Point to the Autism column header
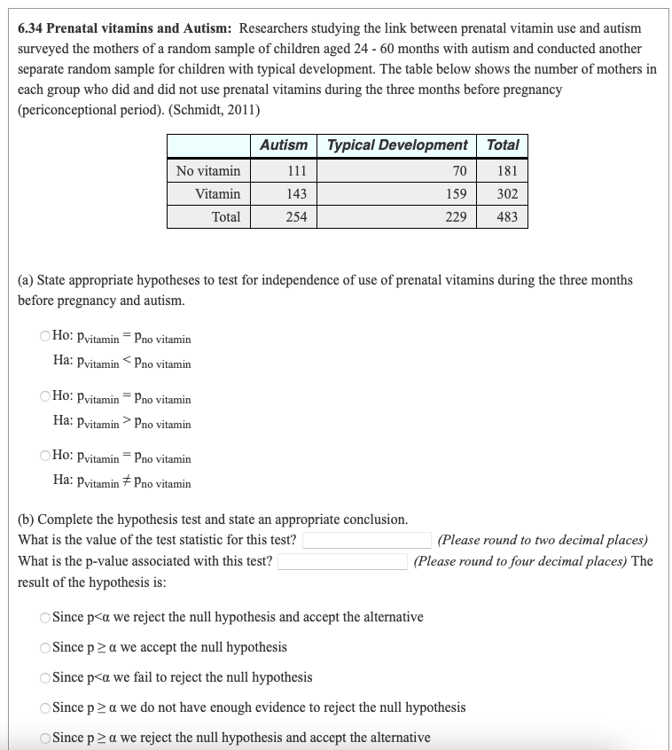coord(284,145)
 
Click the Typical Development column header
coord(397,145)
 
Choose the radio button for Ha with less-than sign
coord(45,339)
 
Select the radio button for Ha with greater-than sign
coord(45,399)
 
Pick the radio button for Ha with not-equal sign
coord(45,458)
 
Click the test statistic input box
coord(367,540)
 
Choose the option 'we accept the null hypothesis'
coord(45,647)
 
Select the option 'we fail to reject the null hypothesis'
coord(45,677)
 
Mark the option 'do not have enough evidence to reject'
coord(45,707)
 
